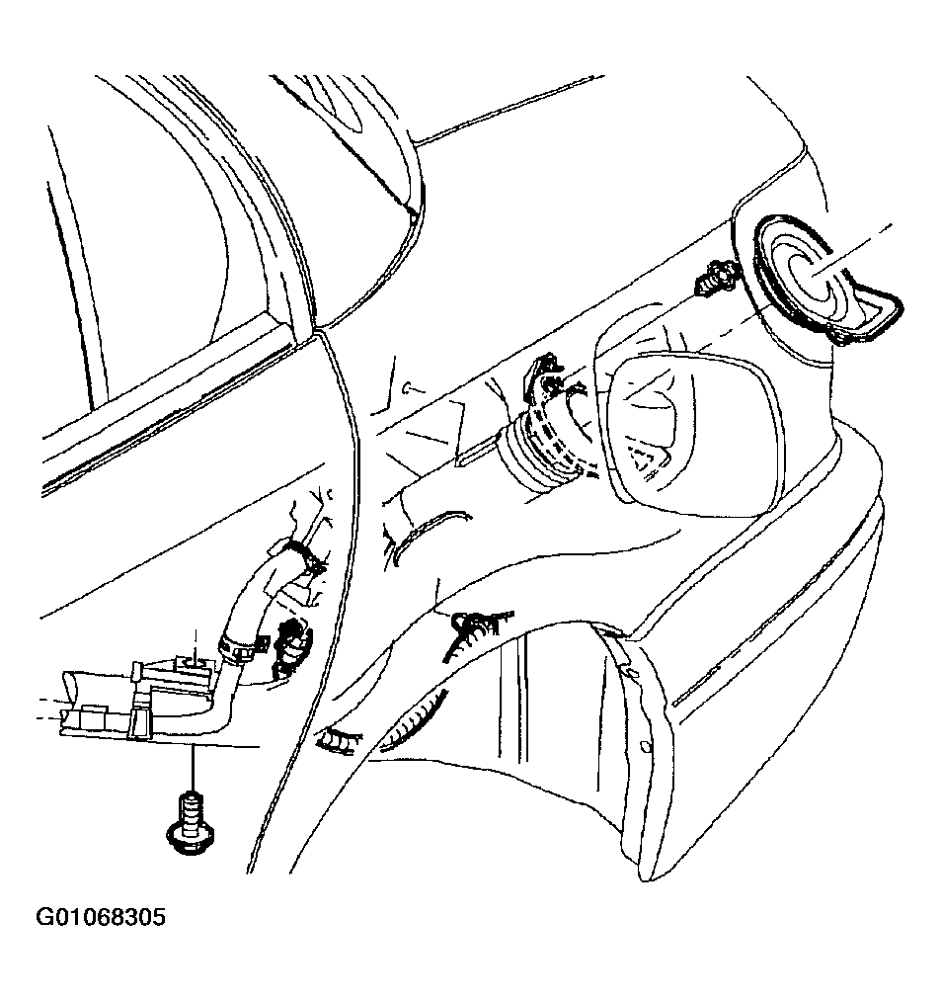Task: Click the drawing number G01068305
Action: coord(100,918)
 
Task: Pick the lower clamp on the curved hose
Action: coord(239,646)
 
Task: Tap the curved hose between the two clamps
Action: coord(257,604)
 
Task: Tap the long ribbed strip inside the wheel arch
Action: coord(413,722)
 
